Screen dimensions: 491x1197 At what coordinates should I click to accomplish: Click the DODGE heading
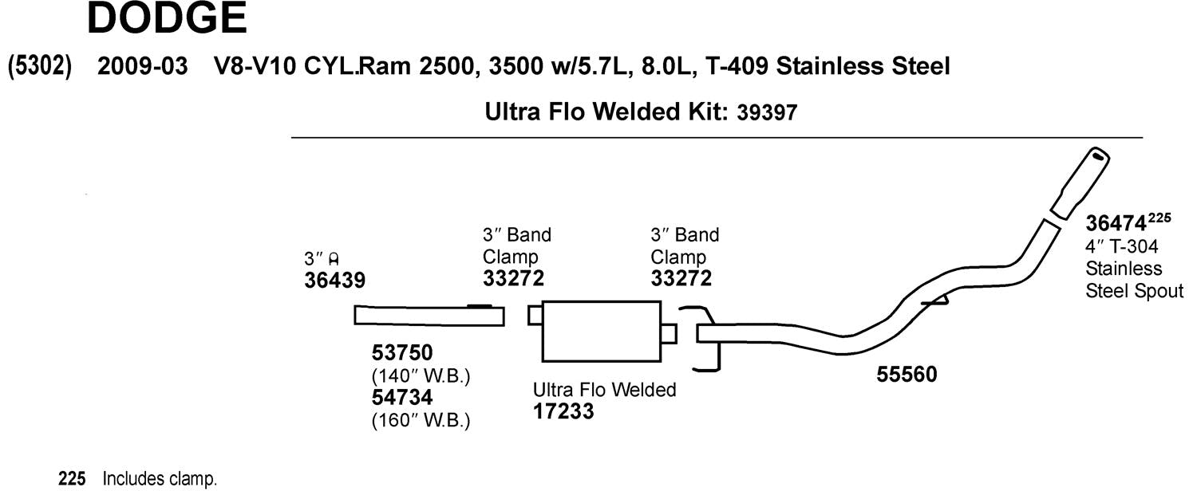point(168,19)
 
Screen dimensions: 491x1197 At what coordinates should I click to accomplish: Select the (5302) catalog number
point(40,66)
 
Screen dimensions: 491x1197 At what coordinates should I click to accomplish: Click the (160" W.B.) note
point(421,419)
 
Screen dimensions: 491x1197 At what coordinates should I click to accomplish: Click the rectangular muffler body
point(602,330)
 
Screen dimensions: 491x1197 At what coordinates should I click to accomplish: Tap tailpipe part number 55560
point(907,374)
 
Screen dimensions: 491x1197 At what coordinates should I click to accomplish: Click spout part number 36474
point(1116,224)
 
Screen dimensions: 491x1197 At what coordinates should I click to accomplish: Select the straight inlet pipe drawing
point(429,316)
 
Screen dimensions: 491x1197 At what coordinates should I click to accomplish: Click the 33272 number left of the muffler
point(513,279)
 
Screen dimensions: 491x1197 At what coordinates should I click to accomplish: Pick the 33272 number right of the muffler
point(681,279)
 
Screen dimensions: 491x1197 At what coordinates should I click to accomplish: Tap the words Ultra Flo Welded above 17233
point(604,390)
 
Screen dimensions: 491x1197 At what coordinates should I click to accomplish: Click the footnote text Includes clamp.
point(159,480)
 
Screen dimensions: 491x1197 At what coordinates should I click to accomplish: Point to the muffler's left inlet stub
point(535,316)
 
